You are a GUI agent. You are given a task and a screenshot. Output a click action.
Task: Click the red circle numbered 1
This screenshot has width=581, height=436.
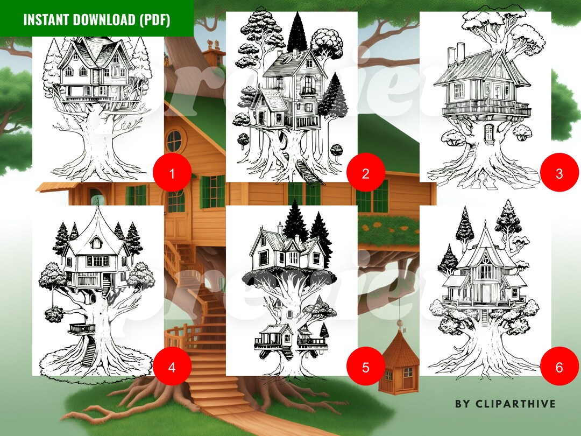(x=172, y=173)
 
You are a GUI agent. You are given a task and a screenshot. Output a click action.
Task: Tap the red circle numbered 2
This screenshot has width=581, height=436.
(x=366, y=173)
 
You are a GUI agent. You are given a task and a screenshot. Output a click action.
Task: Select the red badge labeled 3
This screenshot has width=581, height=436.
(x=559, y=173)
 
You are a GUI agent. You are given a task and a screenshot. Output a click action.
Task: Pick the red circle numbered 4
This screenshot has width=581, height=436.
(x=172, y=367)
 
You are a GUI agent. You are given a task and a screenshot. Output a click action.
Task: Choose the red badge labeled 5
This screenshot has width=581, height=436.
(x=366, y=367)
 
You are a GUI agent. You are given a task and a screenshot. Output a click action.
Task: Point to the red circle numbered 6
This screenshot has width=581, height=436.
(x=559, y=367)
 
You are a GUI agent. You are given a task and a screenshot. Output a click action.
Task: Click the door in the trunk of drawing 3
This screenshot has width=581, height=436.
(x=489, y=132)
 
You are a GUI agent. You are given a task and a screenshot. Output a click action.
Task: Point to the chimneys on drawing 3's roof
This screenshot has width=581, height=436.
(x=455, y=52)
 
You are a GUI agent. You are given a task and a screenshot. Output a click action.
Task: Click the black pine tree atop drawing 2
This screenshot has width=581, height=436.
(x=297, y=32)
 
